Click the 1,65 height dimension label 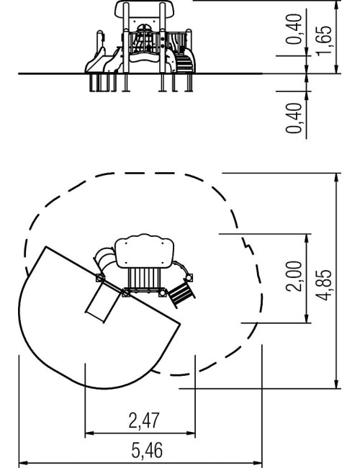(x=324, y=40)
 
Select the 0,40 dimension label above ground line (x=294, y=29)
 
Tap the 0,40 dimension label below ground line (x=294, y=118)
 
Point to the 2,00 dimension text (x=294, y=276)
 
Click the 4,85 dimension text (x=324, y=285)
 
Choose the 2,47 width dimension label (x=144, y=420)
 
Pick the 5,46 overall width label (x=147, y=450)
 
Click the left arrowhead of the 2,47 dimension (x=89, y=433)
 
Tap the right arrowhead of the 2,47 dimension (x=191, y=433)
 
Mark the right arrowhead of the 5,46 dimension (x=258, y=463)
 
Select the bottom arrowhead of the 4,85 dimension (x=337, y=384)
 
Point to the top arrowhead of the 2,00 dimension (x=307, y=238)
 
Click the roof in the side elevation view (x=145, y=9)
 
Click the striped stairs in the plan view (x=181, y=295)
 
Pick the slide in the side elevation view (x=103, y=61)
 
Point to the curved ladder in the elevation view (x=184, y=61)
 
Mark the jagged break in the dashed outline (x=246, y=243)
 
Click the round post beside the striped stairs (x=189, y=278)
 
